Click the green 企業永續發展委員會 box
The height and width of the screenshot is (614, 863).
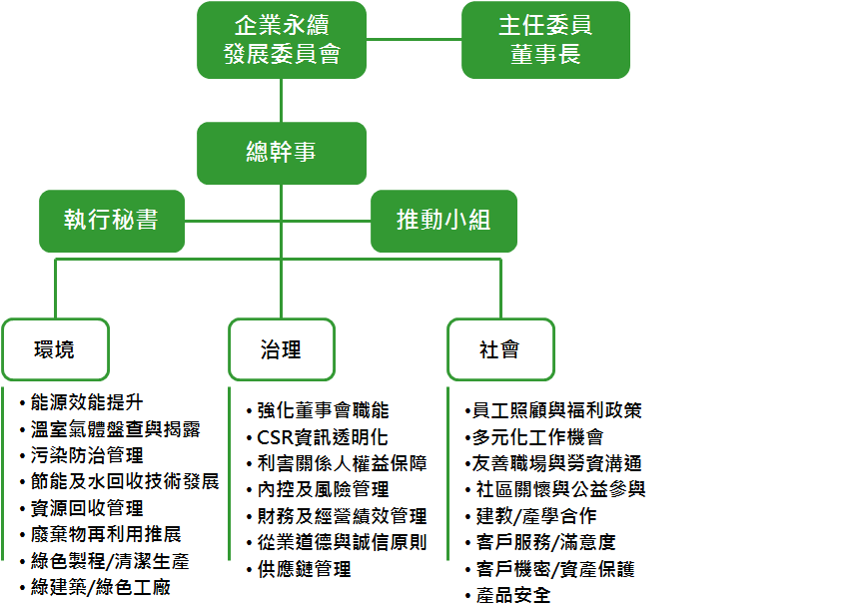(281, 40)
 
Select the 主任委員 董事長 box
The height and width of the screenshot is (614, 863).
(545, 40)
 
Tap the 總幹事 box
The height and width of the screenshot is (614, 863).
(281, 153)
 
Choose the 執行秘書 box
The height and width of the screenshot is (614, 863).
(111, 220)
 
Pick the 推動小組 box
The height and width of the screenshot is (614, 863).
(443, 220)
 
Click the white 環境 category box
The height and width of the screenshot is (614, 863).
(54, 349)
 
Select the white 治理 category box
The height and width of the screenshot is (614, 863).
(281, 349)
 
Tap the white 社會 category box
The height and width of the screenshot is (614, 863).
(499, 349)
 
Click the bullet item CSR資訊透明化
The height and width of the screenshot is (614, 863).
(322, 437)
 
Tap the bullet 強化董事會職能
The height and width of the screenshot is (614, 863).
(323, 410)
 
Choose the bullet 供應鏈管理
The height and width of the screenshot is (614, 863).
(304, 569)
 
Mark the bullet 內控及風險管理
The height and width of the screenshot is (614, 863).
(323, 490)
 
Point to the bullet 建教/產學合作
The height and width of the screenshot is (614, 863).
(535, 516)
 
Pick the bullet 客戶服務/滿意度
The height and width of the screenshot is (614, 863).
(545, 543)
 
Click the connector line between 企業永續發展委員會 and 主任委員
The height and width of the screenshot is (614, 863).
(414, 40)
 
